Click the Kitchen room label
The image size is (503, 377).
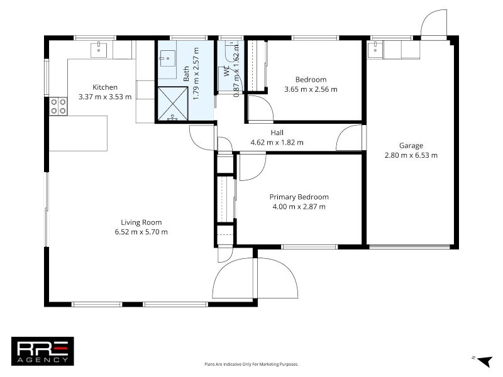click(x=105, y=87)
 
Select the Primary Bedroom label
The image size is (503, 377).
click(x=299, y=197)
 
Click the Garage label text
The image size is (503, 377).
click(x=411, y=145)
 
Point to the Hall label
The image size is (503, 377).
click(x=277, y=133)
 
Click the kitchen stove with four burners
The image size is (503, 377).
click(x=58, y=106)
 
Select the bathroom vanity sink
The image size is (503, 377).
click(x=167, y=60)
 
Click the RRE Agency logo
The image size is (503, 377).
click(x=43, y=351)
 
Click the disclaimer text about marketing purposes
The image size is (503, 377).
click(x=251, y=364)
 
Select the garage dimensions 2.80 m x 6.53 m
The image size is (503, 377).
click(x=411, y=155)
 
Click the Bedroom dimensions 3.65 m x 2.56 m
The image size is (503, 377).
click(x=311, y=89)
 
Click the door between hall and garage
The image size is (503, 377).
click(x=350, y=138)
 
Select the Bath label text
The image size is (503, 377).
click(x=186, y=75)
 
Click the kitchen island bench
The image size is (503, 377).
click(x=79, y=133)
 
